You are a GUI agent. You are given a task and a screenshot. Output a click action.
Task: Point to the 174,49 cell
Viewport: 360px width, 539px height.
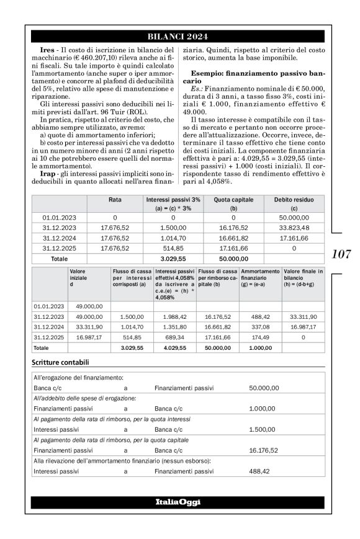[x=259, y=337]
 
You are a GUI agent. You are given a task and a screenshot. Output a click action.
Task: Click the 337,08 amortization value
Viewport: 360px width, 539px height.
[x=259, y=326]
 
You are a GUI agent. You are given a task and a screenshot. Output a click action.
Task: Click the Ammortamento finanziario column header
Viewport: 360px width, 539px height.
[x=259, y=275]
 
